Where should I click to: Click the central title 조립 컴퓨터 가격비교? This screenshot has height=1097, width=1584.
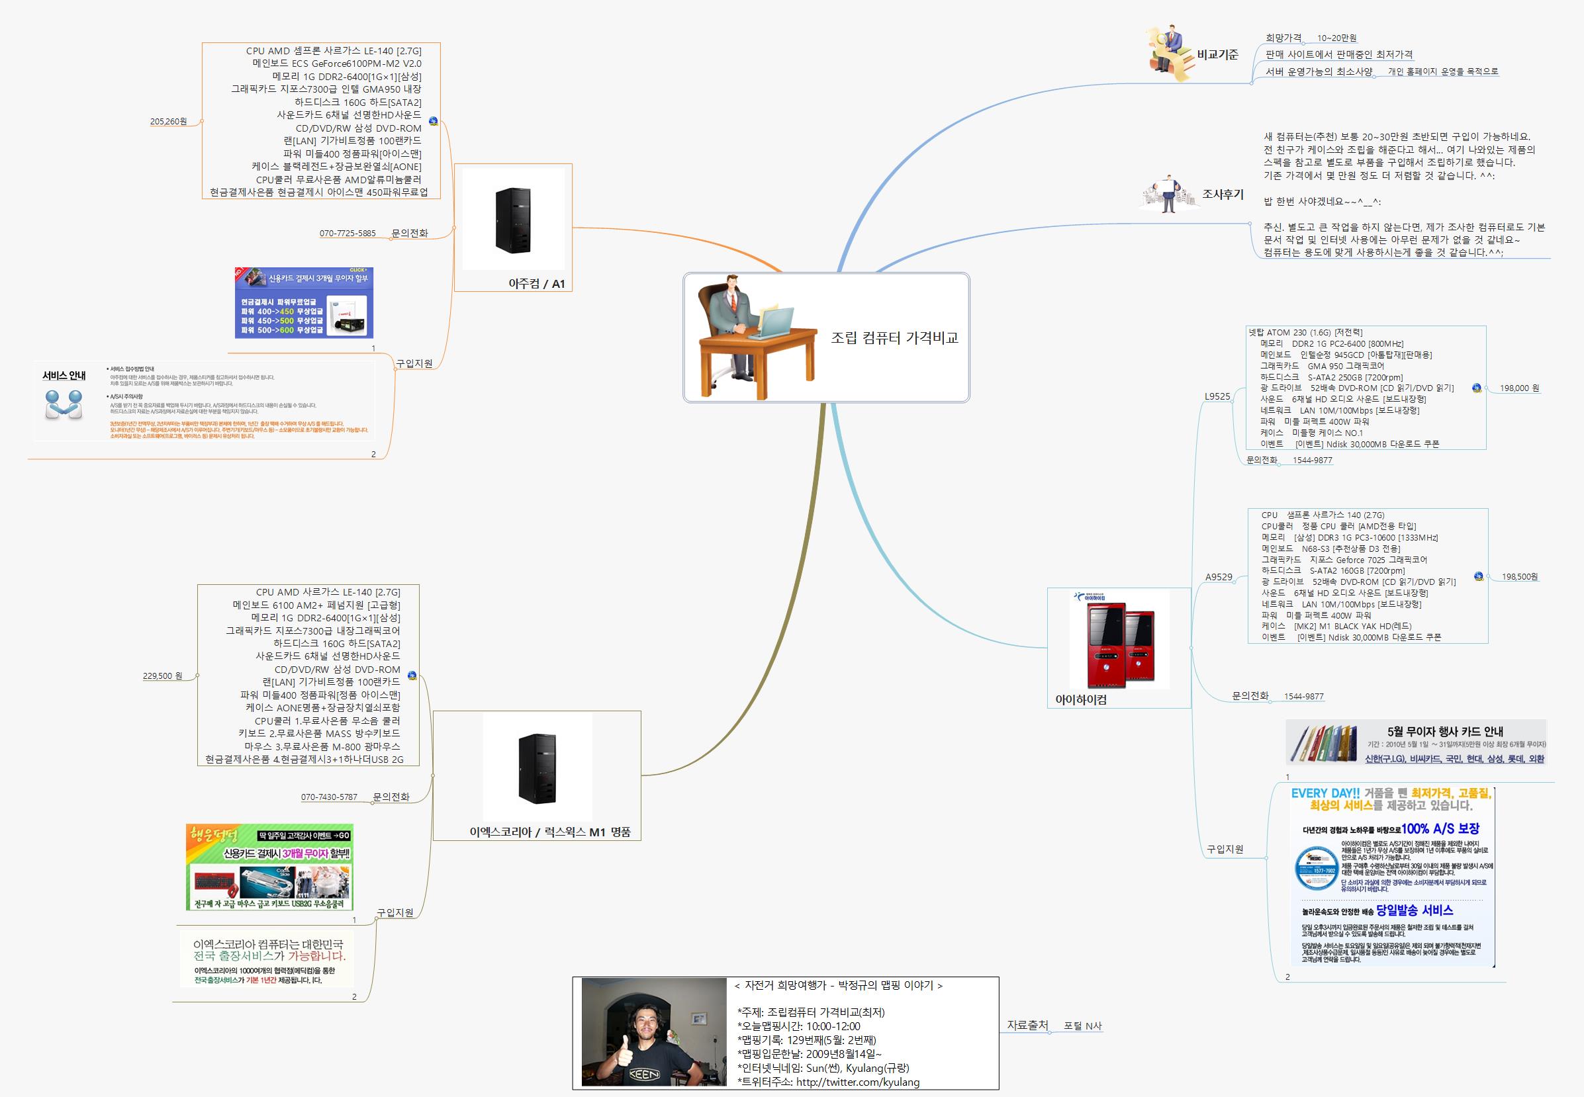894,337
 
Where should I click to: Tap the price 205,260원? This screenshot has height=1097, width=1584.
168,122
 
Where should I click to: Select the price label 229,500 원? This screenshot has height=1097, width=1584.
162,676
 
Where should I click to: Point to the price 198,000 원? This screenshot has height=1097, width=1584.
1519,388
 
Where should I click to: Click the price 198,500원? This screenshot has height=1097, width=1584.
1519,577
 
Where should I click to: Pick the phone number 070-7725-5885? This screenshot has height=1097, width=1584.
348,234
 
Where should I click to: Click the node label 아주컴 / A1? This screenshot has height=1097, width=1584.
536,284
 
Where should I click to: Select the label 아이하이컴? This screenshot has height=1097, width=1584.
1081,700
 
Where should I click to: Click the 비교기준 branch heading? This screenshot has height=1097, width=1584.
1217,55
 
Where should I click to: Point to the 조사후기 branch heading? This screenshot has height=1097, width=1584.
1223,195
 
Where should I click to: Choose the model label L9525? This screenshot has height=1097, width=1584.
1217,396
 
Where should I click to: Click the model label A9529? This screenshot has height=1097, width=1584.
1218,578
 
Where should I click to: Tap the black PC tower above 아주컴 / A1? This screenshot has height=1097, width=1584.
513,220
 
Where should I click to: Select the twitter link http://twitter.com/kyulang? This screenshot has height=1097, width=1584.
857,1082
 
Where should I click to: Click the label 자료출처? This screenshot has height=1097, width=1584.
1027,1025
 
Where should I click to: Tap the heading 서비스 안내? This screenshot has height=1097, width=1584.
64,375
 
